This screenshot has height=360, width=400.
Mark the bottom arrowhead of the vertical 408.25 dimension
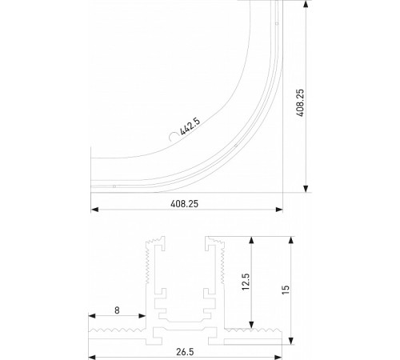pyautogui.click(x=306, y=188)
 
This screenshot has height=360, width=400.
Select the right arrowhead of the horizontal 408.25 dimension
pyautogui.click(x=280, y=210)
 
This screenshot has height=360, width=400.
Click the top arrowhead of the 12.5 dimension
pyautogui.click(x=252, y=239)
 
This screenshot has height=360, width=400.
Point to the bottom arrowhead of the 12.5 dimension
pyautogui.click(x=252, y=325)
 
